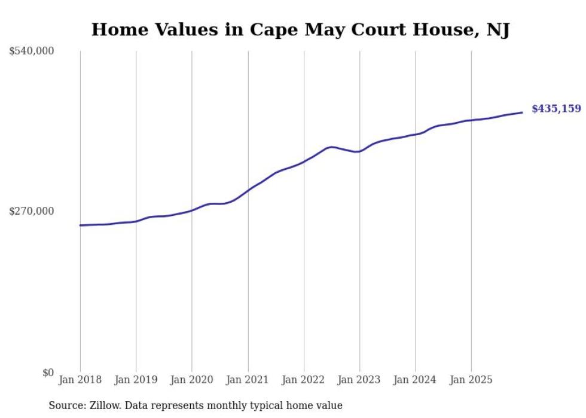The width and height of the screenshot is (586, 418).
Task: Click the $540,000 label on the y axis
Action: coord(32,51)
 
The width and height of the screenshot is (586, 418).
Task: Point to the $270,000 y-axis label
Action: coord(32,211)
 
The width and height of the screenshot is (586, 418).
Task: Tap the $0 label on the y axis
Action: coord(48,373)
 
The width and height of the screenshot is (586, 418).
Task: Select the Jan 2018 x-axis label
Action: coord(80,380)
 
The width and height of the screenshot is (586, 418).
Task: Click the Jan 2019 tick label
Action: coord(136,380)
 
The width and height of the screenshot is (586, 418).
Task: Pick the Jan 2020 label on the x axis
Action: coord(192,380)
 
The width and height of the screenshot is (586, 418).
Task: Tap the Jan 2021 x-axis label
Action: coord(248,380)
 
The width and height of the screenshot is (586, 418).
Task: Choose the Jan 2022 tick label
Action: coord(304,380)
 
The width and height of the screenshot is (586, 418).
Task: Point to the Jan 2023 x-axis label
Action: coord(359,380)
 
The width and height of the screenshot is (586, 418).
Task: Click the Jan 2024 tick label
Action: coord(416,380)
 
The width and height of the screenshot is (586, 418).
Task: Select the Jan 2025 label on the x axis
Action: coord(471,380)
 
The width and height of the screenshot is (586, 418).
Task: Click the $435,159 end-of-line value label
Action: coord(556,109)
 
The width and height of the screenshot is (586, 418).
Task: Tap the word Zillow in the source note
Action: coord(99,406)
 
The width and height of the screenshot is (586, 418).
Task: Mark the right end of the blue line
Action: coord(523,112)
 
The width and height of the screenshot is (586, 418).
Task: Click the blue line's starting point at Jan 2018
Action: coord(80,225)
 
